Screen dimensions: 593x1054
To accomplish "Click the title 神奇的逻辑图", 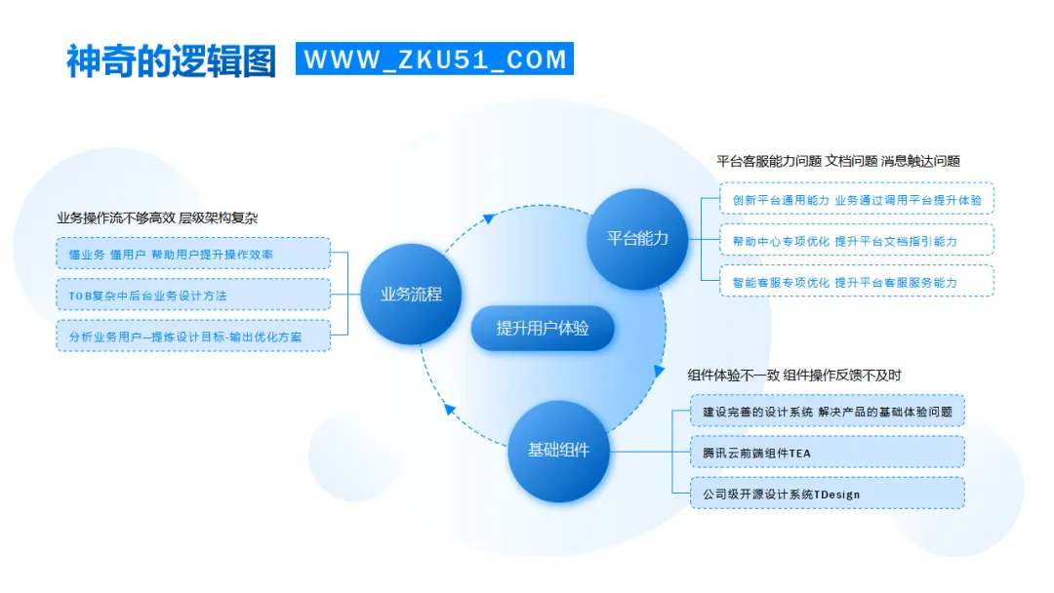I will (x=171, y=59).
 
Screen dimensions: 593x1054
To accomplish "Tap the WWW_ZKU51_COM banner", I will (x=434, y=59).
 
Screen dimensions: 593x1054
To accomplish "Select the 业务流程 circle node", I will (x=411, y=294).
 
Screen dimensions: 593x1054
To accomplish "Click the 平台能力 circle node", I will (x=638, y=238).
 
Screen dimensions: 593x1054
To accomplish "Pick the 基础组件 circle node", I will (x=558, y=451).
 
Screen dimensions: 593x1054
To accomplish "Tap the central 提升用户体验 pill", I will (x=543, y=329).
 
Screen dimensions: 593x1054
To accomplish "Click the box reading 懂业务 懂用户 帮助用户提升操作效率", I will (x=193, y=254).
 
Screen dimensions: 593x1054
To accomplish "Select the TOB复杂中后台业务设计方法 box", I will (x=193, y=295).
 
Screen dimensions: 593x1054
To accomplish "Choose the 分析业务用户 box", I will (x=193, y=336).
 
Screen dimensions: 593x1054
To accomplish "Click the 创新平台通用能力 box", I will (x=856, y=199).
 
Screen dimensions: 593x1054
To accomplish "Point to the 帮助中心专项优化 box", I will (x=856, y=240).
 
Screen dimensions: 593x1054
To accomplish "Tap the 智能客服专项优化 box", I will (x=856, y=282).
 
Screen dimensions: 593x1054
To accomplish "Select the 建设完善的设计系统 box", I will (x=827, y=412).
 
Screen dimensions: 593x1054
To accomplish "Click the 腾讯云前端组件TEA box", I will (x=827, y=453).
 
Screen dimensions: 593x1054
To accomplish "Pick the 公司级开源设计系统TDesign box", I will (x=827, y=494).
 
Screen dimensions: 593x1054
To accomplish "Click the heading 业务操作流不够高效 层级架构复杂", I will (x=157, y=217).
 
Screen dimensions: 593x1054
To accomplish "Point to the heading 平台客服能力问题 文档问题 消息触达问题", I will (x=837, y=161).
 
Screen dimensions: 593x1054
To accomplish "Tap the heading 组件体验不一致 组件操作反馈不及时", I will (x=794, y=375).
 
